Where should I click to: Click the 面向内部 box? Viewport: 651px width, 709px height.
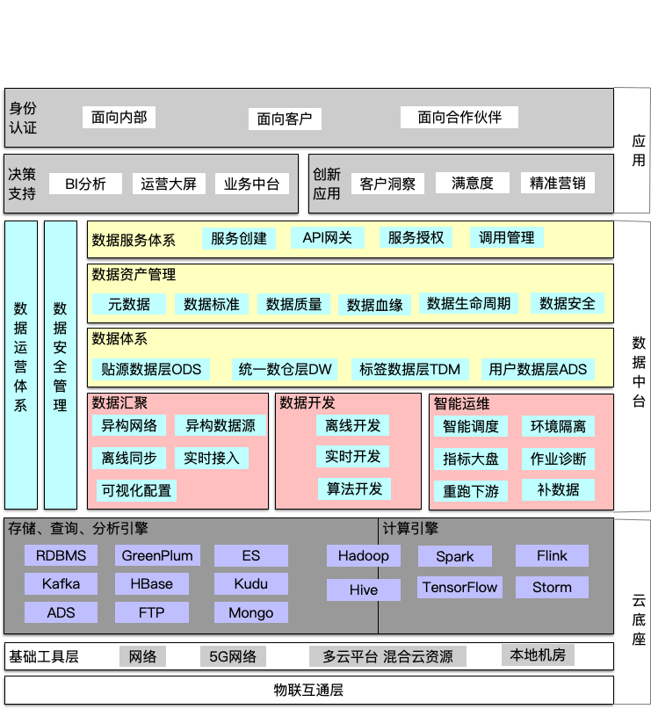(119, 117)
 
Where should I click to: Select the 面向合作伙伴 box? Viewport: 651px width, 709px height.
(459, 117)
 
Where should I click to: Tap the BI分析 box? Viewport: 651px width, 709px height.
(85, 184)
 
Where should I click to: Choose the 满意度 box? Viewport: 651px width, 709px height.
(473, 183)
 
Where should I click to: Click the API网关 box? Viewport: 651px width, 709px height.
(327, 237)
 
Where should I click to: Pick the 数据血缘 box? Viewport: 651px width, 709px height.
(374, 305)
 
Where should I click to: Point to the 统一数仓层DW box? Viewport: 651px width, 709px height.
(286, 369)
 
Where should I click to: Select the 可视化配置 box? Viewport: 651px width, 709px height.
(136, 490)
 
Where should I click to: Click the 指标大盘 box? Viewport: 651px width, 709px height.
(471, 459)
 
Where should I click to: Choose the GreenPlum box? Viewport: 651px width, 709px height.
(156, 555)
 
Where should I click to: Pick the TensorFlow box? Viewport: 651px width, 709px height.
(459, 587)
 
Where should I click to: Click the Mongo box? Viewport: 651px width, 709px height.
(250, 612)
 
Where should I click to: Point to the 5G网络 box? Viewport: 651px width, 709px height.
(233, 656)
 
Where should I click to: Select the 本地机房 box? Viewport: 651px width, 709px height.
(537, 655)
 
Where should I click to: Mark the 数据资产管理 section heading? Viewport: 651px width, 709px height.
(134, 275)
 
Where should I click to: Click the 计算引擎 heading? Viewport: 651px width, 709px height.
(410, 529)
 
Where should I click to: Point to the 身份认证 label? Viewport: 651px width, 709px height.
(23, 118)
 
